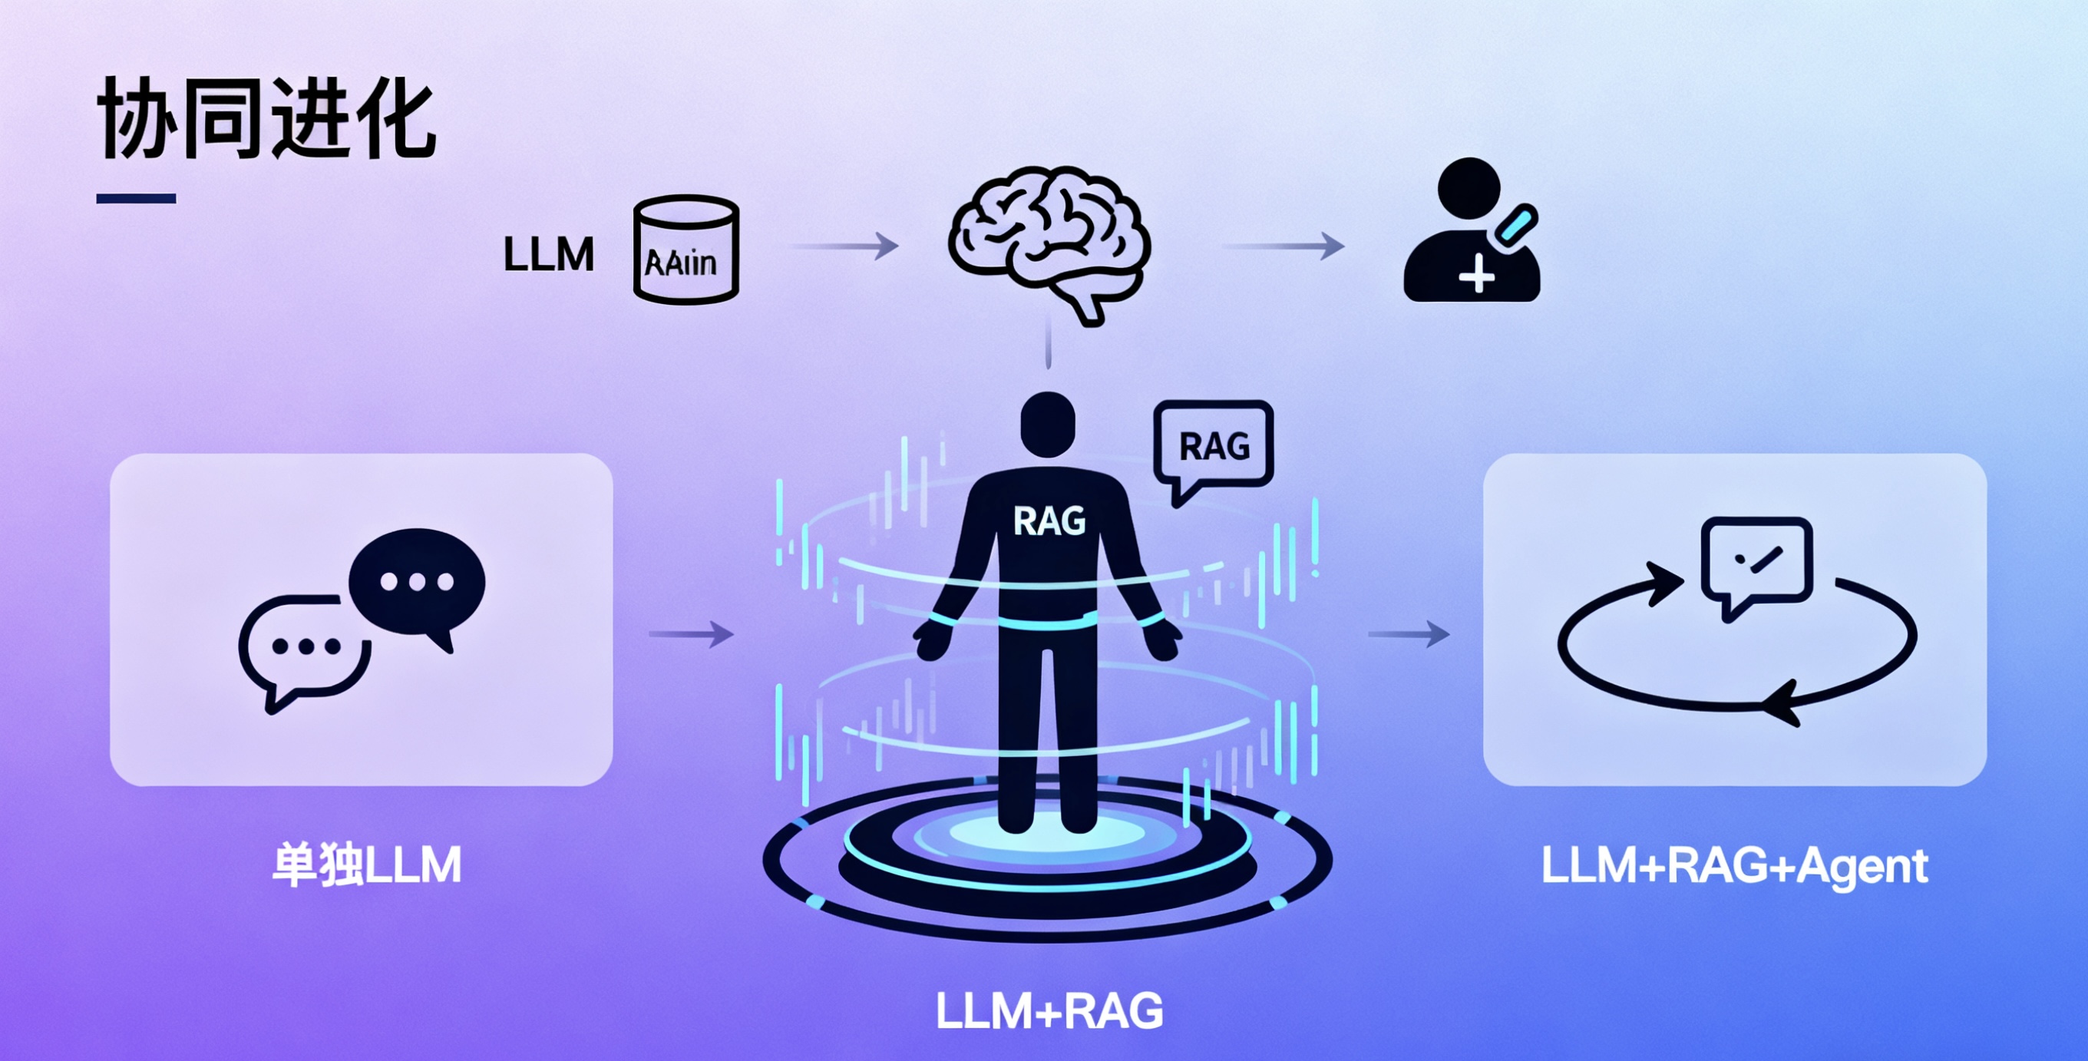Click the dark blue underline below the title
tap(136, 198)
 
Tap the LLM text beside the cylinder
tap(549, 255)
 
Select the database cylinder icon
tap(686, 250)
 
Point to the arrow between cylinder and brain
tap(844, 245)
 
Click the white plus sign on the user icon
tap(1476, 274)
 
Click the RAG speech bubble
tap(1214, 446)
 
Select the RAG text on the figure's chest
tap(1049, 521)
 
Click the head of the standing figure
tap(1047, 423)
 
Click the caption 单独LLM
tap(366, 866)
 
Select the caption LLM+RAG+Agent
tap(1734, 866)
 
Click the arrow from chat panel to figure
tap(691, 633)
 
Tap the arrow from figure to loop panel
tap(1408, 633)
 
